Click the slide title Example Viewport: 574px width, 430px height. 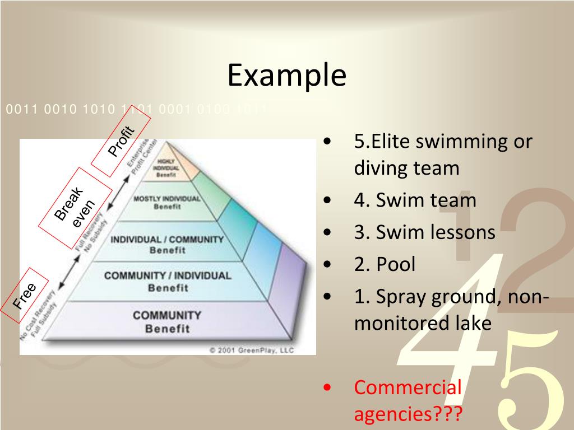pyautogui.click(x=286, y=75)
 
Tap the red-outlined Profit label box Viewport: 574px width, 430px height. pyautogui.click(x=121, y=141)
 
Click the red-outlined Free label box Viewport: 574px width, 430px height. pyautogui.click(x=25, y=296)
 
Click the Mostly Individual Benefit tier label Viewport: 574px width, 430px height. pyautogui.click(x=166, y=202)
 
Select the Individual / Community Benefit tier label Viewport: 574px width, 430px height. pyautogui.click(x=167, y=245)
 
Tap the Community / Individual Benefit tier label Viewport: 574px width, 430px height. pyautogui.click(x=167, y=281)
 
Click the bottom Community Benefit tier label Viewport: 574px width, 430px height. pyautogui.click(x=166, y=321)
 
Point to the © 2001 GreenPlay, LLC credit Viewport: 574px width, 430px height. pyautogui.click(x=252, y=350)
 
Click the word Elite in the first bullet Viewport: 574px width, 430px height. pyautogui.click(x=390, y=141)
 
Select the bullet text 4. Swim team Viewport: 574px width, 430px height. pyautogui.click(x=415, y=200)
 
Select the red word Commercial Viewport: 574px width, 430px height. pyautogui.click(x=408, y=387)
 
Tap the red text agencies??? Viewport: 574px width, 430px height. pyautogui.click(x=408, y=414)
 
